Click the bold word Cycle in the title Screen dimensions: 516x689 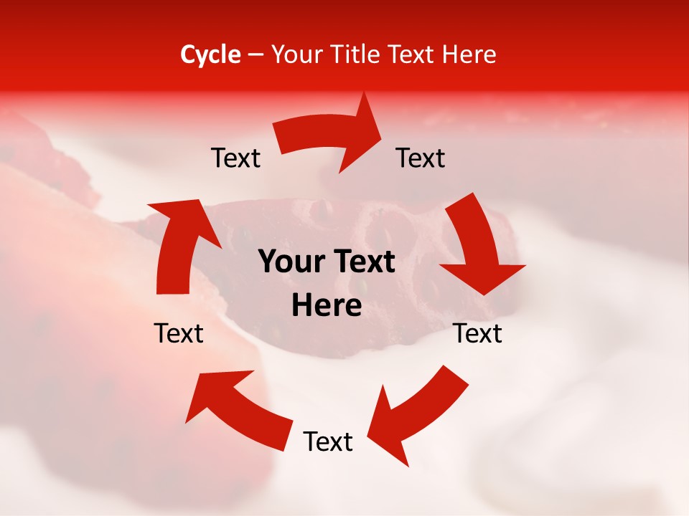[210, 54]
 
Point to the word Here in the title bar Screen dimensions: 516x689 [469, 54]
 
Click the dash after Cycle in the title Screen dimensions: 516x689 [256, 55]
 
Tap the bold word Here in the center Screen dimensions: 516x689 [327, 306]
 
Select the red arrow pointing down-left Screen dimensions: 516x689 [416, 409]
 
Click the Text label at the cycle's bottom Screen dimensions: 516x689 [328, 442]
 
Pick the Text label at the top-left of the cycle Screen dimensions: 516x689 [235, 158]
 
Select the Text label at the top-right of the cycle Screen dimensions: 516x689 [421, 158]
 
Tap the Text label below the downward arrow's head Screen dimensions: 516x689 [478, 333]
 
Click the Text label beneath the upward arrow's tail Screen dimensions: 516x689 [179, 333]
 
